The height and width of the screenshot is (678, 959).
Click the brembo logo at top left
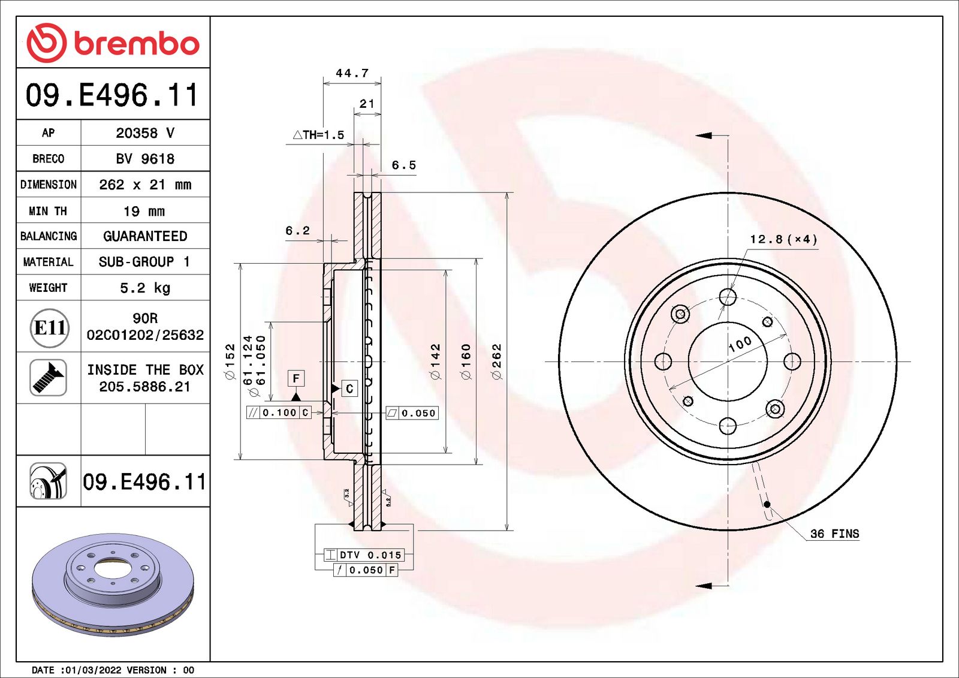113,43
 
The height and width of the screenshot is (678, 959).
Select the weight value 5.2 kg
145,288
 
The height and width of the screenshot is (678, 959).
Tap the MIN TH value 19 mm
144,211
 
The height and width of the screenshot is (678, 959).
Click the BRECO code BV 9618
145,159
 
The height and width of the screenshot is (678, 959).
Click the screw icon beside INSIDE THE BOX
49,378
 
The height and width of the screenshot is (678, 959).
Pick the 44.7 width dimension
352,73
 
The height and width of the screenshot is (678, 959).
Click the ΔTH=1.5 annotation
318,135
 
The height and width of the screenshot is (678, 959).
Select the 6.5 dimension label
404,165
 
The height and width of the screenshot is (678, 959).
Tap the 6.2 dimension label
297,231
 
